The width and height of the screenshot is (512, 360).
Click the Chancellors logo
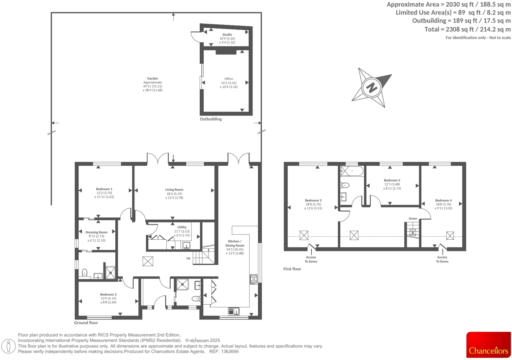pos(488,345)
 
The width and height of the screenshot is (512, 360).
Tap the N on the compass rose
pos(372,88)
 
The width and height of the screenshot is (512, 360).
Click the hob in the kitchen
pos(253,279)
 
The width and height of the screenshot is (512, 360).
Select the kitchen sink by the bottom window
pos(234,311)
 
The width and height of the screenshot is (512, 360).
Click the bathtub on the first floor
pos(352,171)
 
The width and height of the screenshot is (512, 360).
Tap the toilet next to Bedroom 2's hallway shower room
pos(196,299)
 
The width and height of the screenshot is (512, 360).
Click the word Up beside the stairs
pos(188,258)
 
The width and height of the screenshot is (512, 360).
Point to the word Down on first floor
pos(413,219)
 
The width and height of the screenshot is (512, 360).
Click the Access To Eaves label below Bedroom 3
pos(311,259)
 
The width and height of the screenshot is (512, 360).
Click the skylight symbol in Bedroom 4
pos(450,235)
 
